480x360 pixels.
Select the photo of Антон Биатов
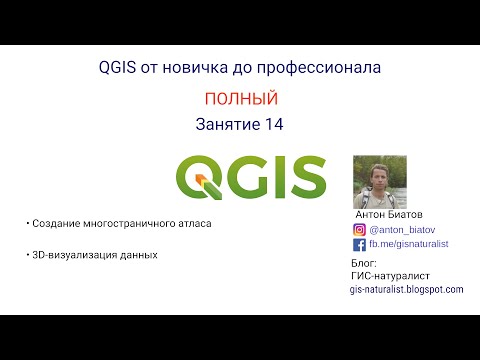379,181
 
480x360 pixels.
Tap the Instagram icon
359,228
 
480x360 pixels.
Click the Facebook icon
359,243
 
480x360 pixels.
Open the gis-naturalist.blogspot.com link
406,289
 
